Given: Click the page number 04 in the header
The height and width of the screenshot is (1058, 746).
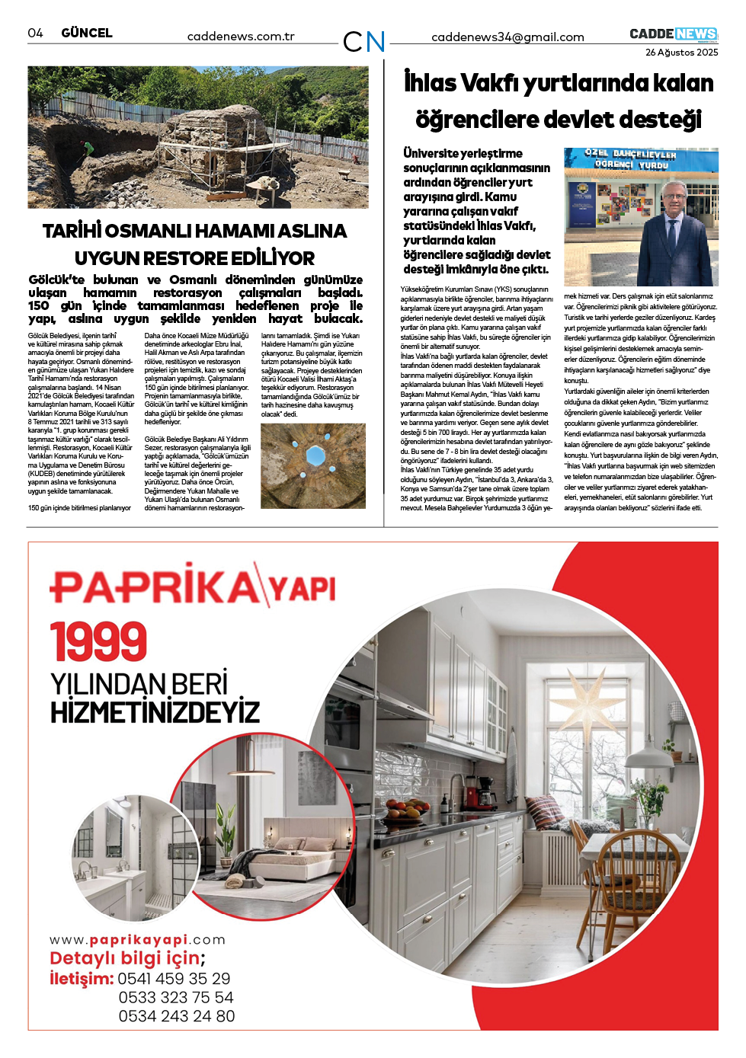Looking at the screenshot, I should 35,33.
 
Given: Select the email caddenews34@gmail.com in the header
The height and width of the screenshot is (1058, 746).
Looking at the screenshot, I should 507,37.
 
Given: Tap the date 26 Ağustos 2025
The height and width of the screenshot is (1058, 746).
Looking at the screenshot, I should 681,53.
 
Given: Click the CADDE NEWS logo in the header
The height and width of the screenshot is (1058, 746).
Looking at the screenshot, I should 673,34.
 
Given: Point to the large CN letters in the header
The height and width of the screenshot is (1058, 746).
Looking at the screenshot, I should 363,41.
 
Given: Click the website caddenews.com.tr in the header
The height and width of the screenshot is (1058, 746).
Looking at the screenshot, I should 241,37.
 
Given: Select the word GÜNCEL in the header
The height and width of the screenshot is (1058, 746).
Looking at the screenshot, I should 87,33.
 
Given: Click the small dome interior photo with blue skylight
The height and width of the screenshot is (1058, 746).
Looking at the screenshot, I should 313,465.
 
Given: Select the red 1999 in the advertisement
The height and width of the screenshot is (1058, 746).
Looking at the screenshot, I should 98,641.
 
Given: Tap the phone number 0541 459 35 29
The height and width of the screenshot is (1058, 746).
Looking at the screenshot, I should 174,979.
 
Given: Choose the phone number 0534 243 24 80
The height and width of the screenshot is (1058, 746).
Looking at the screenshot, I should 176,1016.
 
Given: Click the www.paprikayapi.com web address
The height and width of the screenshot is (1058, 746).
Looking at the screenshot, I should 137,940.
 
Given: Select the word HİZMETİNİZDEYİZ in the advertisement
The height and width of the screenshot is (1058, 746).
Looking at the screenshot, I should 155,712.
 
